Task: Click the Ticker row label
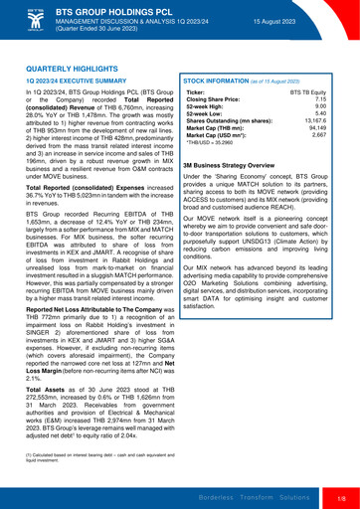(x=197, y=91)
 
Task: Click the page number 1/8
(x=340, y=496)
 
